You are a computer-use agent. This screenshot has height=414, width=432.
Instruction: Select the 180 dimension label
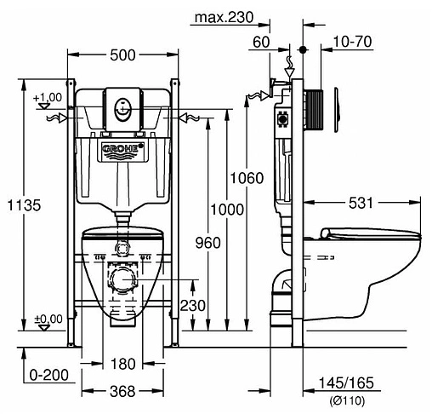123,365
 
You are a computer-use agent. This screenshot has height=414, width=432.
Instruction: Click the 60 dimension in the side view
261,42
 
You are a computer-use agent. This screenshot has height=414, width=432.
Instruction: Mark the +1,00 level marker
48,98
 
